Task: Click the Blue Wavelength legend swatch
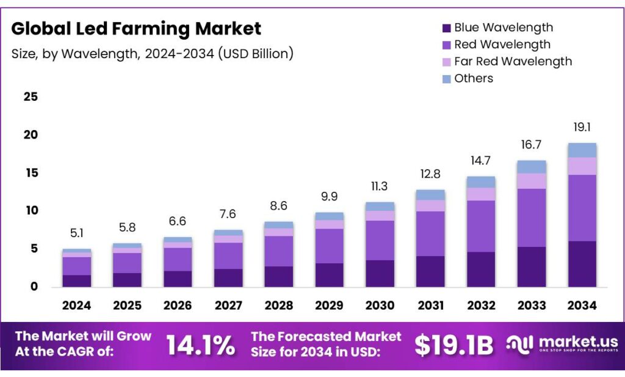[x=446, y=28]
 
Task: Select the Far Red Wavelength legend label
[x=513, y=61]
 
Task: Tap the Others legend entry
[x=474, y=78]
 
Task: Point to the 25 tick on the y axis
[x=31, y=97]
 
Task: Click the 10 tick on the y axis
[x=31, y=211]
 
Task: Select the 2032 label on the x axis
[x=480, y=306]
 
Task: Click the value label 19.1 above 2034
[x=582, y=128]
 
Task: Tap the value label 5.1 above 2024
[x=77, y=233]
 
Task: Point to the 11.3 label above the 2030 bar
[x=380, y=186]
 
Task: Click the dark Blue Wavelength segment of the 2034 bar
[x=582, y=264]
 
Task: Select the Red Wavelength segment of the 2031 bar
[x=430, y=233]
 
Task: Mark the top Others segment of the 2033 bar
[x=531, y=167]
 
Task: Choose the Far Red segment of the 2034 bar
[x=582, y=166]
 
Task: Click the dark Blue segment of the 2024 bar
[x=77, y=280]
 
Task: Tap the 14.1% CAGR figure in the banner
[x=200, y=346]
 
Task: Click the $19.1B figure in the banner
[x=453, y=346]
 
